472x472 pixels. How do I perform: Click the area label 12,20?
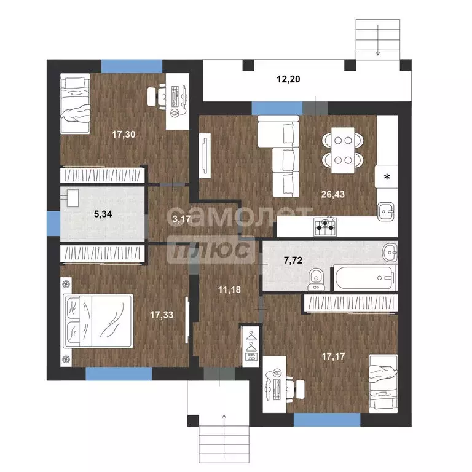pyautogui.click(x=288, y=79)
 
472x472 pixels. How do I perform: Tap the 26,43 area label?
pyautogui.click(x=332, y=194)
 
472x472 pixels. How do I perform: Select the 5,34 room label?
pyautogui.click(x=103, y=214)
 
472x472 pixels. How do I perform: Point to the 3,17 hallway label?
pyautogui.click(x=181, y=219)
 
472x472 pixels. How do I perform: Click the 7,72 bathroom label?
pyautogui.click(x=293, y=260)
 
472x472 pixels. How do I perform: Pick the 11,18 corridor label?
pyautogui.click(x=229, y=289)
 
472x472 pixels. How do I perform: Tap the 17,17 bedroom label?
pyautogui.click(x=333, y=356)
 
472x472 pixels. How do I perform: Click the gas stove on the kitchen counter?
pyautogui.click(x=325, y=227)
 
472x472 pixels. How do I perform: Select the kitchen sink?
pyautogui.click(x=386, y=211)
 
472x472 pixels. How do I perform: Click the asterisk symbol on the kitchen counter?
pyautogui.click(x=387, y=177)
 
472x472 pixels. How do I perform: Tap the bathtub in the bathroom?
pyautogui.click(x=365, y=278)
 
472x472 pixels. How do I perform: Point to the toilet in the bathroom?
pyautogui.click(x=316, y=279)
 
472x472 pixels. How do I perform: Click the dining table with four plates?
pyautogui.click(x=342, y=150)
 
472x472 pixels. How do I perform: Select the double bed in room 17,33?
pyautogui.click(x=98, y=321)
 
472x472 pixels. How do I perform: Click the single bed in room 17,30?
pyautogui.click(x=75, y=103)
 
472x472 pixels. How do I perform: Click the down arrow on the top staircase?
pyautogui.click(x=378, y=41)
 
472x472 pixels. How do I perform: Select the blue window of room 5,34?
pyautogui.click(x=53, y=223)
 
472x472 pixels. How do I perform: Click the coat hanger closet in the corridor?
pyautogui.click(x=251, y=346)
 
